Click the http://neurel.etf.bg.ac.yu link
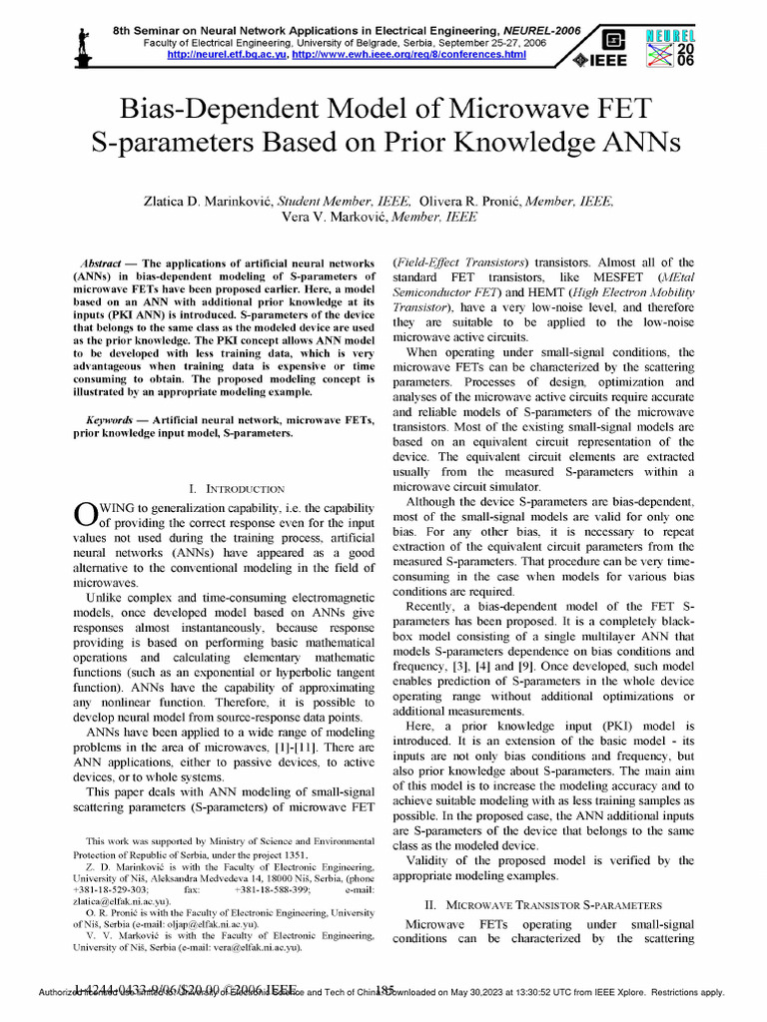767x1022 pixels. pyautogui.click(x=226, y=54)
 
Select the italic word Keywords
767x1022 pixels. pyautogui.click(x=111, y=421)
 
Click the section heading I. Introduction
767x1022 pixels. pyautogui.click(x=237, y=489)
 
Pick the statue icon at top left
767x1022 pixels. pyautogui.click(x=86, y=39)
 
